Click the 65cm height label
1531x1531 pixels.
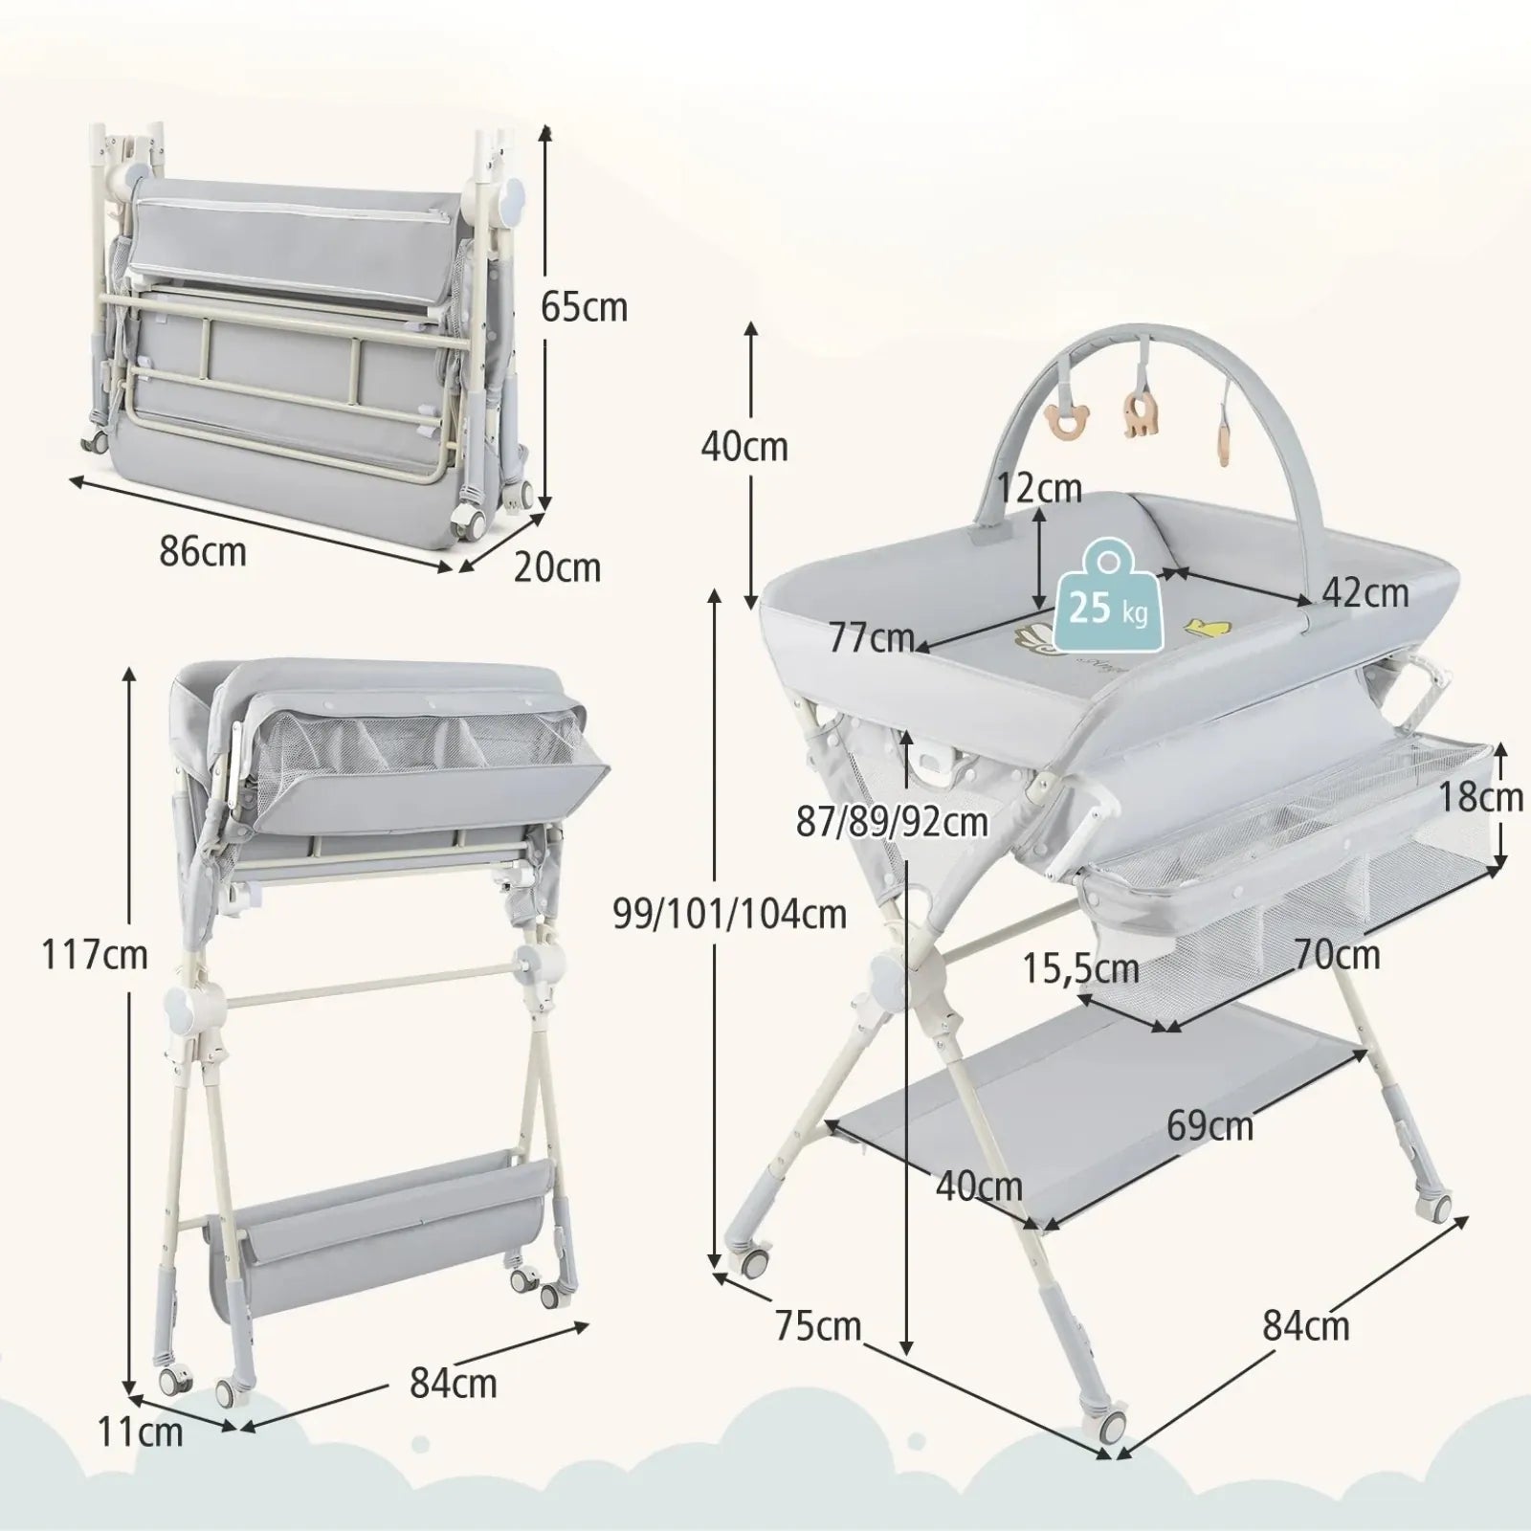coord(584,307)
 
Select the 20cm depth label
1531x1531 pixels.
coord(557,567)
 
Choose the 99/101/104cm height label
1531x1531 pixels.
coord(730,914)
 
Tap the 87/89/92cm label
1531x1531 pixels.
coord(892,821)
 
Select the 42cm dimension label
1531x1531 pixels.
coord(1365,593)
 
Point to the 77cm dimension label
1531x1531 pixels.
coord(872,637)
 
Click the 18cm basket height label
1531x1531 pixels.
coord(1482,796)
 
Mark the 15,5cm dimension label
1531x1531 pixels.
coord(1081,969)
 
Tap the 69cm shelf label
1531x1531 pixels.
coord(1209,1125)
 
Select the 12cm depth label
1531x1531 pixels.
coord(1039,488)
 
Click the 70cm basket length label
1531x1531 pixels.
coord(1338,954)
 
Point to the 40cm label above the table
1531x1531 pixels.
coord(744,446)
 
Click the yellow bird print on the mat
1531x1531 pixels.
coord(1206,627)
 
